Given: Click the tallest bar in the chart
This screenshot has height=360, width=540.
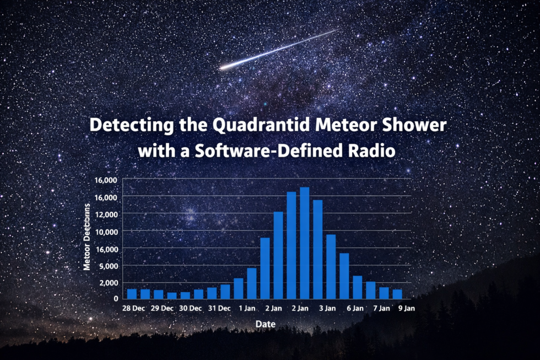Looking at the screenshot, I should pos(304,243).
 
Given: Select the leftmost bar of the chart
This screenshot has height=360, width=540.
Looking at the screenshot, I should pos(132,293).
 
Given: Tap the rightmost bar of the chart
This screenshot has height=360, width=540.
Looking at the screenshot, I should pos(397,293).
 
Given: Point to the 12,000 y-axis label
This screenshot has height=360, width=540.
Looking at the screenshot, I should pos(106,214).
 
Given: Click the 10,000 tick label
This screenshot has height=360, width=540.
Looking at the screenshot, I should pos(106,232).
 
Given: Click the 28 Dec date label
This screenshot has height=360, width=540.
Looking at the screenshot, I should pos(134,309).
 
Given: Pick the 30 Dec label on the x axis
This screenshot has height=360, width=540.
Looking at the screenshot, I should pos(191,309).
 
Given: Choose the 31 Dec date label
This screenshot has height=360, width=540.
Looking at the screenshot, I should pos(219,309).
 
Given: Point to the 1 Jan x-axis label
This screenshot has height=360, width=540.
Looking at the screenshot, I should pos(246,309).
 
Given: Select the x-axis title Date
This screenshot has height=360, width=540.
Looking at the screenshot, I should pos(265,324).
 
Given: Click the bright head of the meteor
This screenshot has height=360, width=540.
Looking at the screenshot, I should pos(224,68).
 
